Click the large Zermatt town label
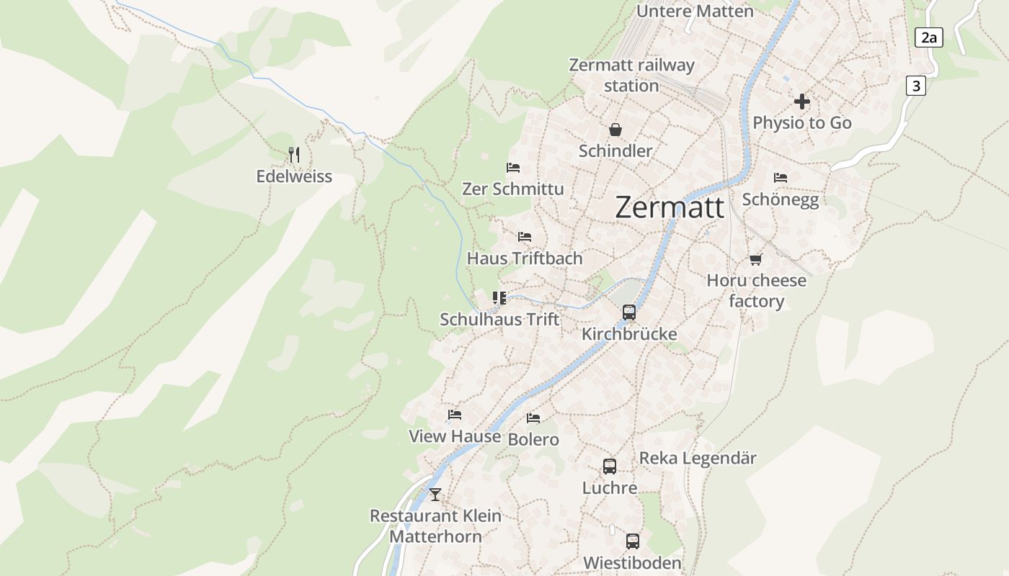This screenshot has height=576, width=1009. pos(670,207)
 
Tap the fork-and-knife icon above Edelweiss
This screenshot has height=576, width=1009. pos(293,155)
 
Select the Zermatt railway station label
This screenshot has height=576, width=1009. pos(631,75)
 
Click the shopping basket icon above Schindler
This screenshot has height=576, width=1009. pos(615,130)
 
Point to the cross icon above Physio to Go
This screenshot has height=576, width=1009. pos(801,102)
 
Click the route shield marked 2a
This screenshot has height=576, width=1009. pos(928,37)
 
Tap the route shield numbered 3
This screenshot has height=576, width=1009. pos(915,86)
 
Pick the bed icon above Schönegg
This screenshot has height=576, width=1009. pos(780,177)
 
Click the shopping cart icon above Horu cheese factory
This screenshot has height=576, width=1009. pos(755,259)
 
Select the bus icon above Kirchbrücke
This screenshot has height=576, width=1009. pos(629,312)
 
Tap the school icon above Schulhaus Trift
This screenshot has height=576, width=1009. pos(499,297)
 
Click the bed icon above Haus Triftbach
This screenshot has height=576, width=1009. pos(524,237)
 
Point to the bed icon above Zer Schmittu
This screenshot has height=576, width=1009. pos(513,168)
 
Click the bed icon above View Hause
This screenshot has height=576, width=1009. pos(454,415)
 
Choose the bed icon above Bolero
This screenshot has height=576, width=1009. pos(533,418)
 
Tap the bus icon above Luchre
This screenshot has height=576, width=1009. pos(610,467)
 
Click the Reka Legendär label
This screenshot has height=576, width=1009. pos(698,458)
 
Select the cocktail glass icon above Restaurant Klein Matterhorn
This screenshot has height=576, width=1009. pos(435,495)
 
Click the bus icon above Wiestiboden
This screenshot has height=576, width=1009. pos(632,541)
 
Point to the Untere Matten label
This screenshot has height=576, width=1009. pos(695,11)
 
